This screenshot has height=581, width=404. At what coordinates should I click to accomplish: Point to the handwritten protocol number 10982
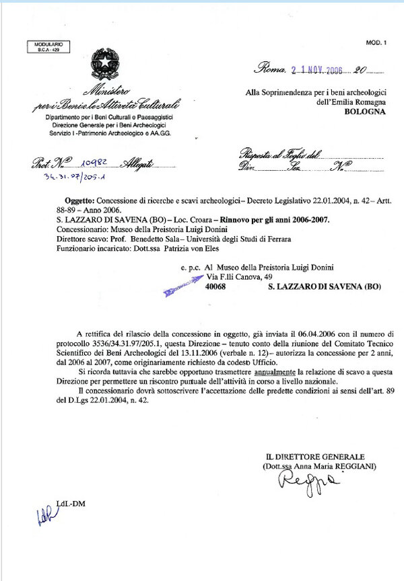92,163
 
